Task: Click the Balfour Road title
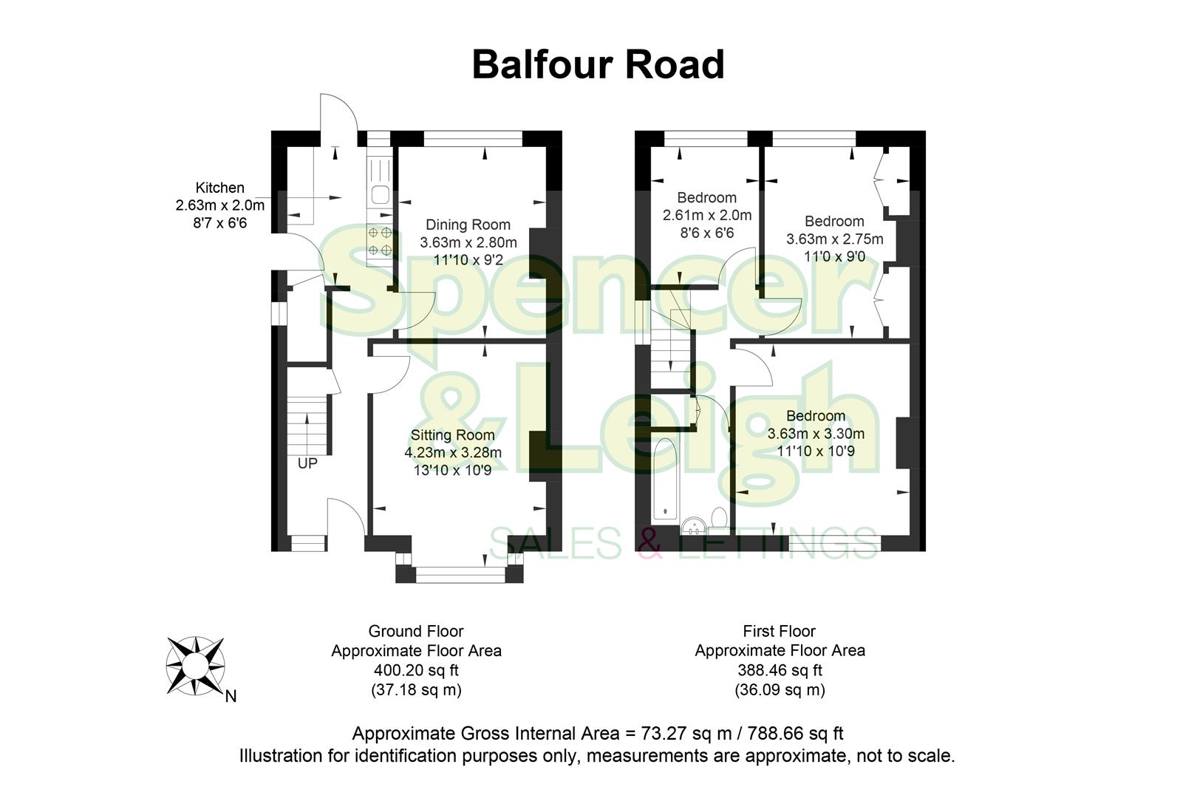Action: [x=598, y=64]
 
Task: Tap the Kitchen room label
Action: [x=219, y=188]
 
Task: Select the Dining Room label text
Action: [x=468, y=225]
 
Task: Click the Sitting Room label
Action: [x=452, y=435]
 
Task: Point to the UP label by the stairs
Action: [x=307, y=464]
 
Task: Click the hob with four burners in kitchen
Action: [x=380, y=241]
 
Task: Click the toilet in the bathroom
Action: [x=718, y=516]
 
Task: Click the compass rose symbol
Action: [x=195, y=666]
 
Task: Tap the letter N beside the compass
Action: [x=231, y=696]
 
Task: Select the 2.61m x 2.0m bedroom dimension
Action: [x=706, y=216]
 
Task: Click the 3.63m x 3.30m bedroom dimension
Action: [x=816, y=434]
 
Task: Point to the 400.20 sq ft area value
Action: [x=415, y=671]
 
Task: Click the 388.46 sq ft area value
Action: [x=780, y=671]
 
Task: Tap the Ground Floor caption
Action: [x=415, y=632]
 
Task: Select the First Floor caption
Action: [x=780, y=632]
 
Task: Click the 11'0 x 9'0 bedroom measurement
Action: [x=834, y=257]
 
